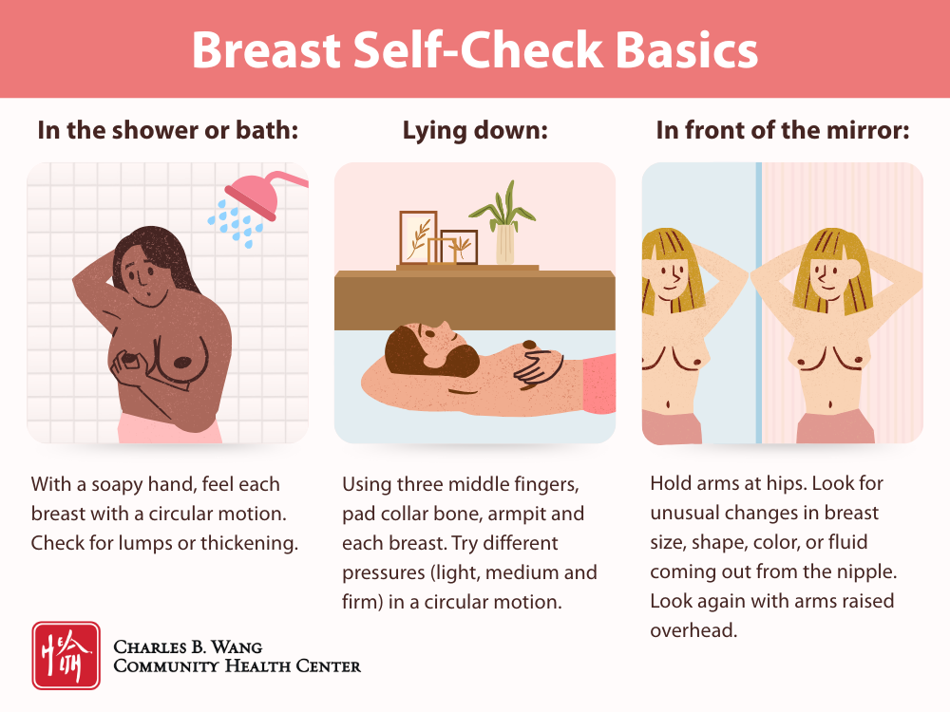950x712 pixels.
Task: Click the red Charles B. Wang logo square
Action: [x=66, y=655]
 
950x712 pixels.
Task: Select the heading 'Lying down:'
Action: [x=475, y=131]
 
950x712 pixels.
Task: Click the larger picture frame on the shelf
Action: [x=417, y=237]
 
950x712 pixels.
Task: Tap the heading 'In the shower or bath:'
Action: [x=167, y=131]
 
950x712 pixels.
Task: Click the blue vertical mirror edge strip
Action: [x=757, y=304]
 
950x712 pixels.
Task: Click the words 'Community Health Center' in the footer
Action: [x=237, y=666]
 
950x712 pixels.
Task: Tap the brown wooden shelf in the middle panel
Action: [x=475, y=300]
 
